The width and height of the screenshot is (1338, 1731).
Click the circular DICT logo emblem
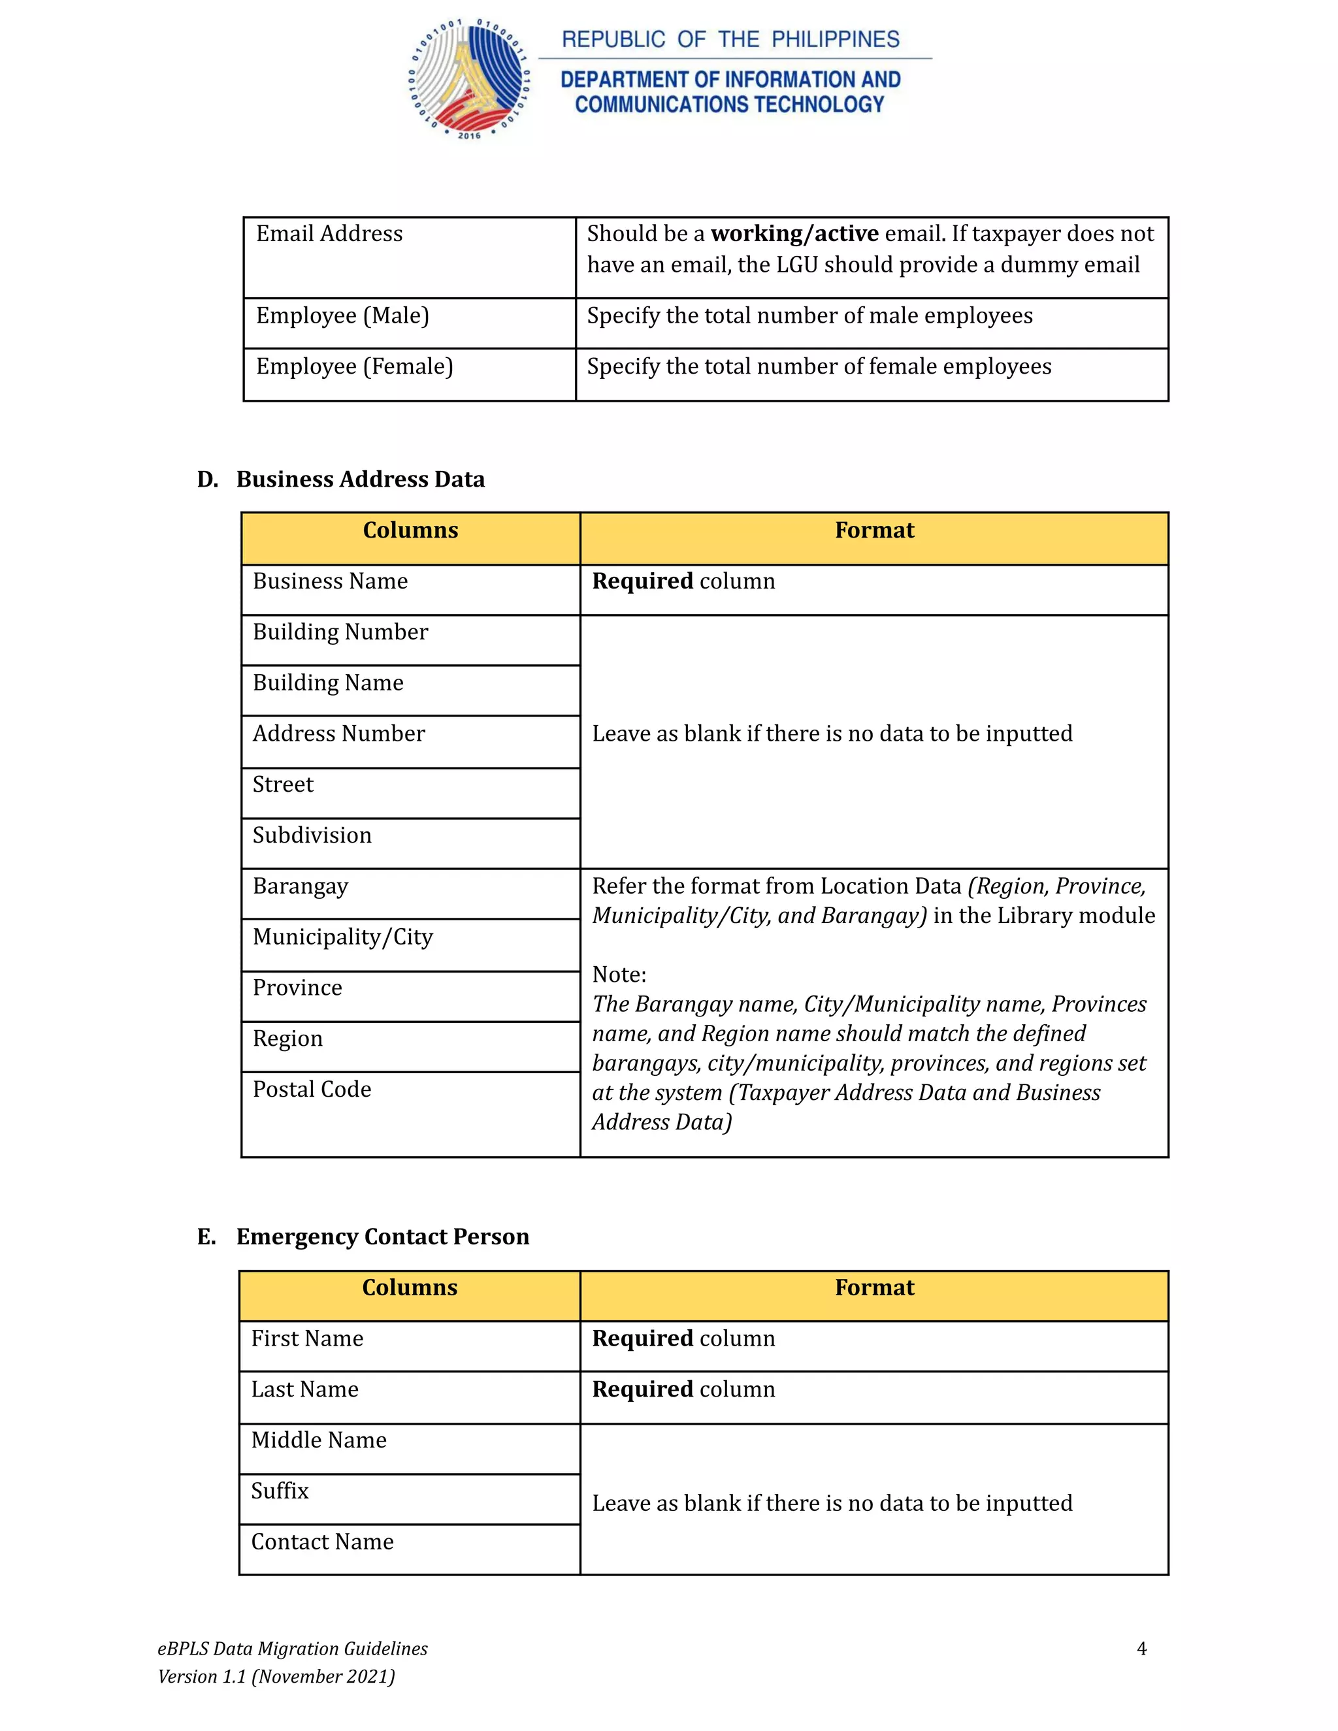click(x=469, y=79)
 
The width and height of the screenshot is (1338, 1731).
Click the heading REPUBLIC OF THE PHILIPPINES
click(x=730, y=40)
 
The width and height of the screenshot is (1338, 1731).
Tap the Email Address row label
click(x=329, y=234)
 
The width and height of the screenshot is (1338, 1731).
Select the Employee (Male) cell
click(x=342, y=316)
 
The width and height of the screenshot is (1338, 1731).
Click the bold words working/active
click(x=794, y=234)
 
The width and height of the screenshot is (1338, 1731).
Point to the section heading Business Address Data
click(x=360, y=479)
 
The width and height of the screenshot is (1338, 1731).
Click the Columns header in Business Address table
click(x=410, y=530)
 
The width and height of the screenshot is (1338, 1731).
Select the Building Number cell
click(x=340, y=632)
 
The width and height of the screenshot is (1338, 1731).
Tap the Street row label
click(x=283, y=785)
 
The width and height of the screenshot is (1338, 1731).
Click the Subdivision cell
click(x=312, y=835)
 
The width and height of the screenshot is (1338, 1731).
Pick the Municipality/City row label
click(x=342, y=937)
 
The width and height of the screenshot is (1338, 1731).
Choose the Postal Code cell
click(x=312, y=1090)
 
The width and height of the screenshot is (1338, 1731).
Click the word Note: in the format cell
click(x=619, y=975)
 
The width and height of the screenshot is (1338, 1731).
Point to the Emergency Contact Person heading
click(x=382, y=1237)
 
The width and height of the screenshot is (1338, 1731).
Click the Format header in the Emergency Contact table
click(x=873, y=1288)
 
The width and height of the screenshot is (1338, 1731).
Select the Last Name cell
click(x=304, y=1389)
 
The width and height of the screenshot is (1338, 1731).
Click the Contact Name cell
click(x=322, y=1542)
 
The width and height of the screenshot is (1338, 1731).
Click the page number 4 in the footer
click(x=1141, y=1649)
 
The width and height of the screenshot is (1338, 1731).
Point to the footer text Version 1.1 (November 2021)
click(x=276, y=1676)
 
